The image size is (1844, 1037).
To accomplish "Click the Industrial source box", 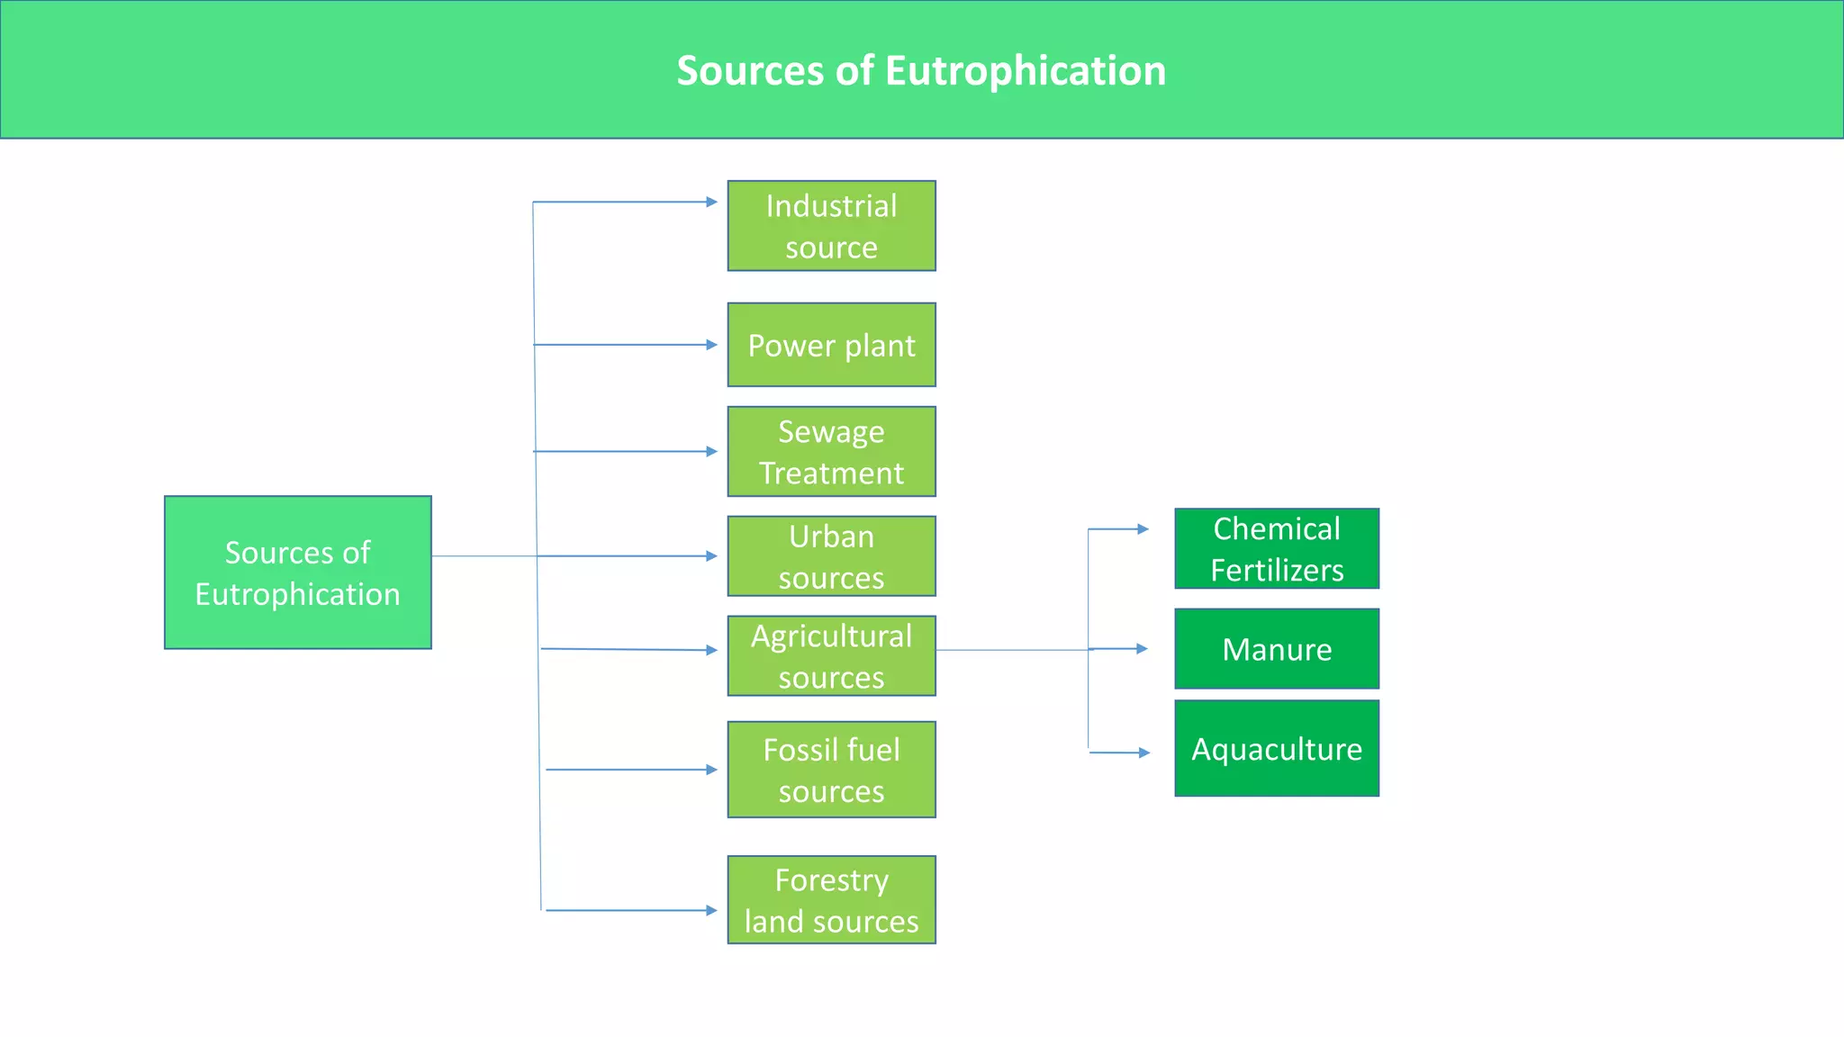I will click(831, 226).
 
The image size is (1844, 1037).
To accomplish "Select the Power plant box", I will click(831, 345).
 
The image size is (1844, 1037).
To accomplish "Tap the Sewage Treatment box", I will click(831, 451).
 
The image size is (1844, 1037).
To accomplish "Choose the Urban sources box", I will click(831, 556).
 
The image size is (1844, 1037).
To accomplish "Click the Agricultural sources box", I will click(831, 655).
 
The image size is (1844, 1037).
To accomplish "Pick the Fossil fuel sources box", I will click(831, 770).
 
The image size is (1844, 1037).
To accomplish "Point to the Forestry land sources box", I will click(831, 899).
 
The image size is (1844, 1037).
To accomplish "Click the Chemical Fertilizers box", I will click(1277, 548).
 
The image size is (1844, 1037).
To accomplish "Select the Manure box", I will click(1277, 648).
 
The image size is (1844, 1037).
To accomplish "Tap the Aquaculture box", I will click(1277, 748).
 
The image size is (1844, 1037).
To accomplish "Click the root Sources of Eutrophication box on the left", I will click(297, 573).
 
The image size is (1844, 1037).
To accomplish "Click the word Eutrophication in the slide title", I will click(1026, 71).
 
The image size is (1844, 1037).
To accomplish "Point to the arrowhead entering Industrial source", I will click(711, 202).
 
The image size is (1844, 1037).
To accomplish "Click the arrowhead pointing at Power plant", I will click(711, 345).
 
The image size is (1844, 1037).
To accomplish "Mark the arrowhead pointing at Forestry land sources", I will click(711, 910).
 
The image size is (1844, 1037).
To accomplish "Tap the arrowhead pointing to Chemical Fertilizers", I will click(1143, 529).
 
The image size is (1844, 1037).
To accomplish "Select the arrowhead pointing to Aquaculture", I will click(1144, 753).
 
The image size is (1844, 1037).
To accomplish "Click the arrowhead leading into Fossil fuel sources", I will click(711, 770).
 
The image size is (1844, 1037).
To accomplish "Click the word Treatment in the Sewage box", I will click(831, 473).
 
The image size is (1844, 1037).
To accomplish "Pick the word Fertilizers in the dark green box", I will click(1277, 571).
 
